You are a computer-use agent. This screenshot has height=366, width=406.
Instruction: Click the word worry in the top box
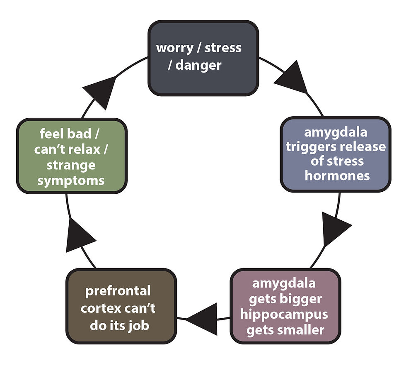(x=175, y=49)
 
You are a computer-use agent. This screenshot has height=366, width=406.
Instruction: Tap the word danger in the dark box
(x=198, y=65)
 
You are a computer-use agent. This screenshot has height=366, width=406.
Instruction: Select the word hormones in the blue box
(x=337, y=176)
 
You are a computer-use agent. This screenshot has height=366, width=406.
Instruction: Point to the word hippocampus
(x=284, y=315)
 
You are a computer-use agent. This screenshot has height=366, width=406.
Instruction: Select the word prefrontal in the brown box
(x=118, y=291)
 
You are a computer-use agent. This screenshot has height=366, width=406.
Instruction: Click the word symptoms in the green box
(x=71, y=181)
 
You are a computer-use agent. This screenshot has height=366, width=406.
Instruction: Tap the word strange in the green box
(x=71, y=166)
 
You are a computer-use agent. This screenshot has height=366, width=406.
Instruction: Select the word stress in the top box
(x=223, y=48)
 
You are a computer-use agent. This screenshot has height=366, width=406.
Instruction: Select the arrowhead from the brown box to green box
(x=79, y=236)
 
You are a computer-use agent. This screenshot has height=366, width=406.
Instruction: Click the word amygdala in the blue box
(x=336, y=133)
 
